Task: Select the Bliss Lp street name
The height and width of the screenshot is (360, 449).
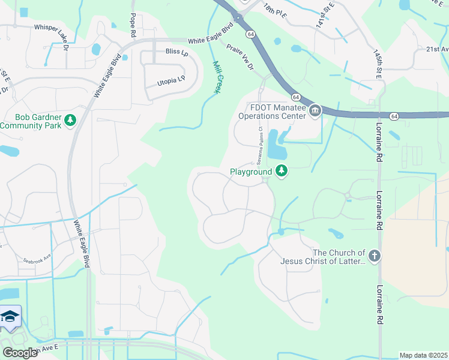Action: tap(177, 52)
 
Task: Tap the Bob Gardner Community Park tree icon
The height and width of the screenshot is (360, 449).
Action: tap(71, 121)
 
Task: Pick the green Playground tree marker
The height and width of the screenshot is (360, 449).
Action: tap(281, 172)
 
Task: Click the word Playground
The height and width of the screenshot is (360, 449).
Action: tap(251, 172)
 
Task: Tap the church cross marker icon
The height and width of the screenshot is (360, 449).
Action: tap(374, 256)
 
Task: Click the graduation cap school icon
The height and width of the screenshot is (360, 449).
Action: tap(9, 316)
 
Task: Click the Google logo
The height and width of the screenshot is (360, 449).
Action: tap(20, 353)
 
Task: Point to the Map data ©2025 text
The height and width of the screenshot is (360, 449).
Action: tap(423, 355)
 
